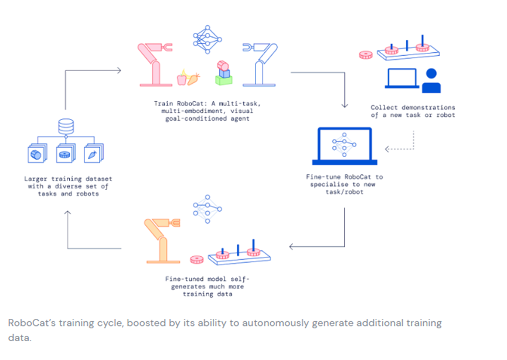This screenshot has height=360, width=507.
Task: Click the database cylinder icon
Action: [66, 126]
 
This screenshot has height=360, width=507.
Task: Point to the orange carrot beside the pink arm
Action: [193, 79]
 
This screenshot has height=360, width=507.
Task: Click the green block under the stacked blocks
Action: [224, 80]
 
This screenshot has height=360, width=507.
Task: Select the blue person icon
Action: [431, 81]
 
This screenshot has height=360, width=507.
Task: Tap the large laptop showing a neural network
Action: [345, 146]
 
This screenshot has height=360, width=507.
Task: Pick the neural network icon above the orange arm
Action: [207, 209]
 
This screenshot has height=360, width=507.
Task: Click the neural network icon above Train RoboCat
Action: [207, 39]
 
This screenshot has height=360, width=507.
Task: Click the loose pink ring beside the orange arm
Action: [196, 260]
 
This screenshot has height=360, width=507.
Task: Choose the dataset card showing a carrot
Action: [93, 153]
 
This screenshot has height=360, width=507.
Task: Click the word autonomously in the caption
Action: [275, 323]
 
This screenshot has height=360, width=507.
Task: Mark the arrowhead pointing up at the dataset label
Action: [67, 212]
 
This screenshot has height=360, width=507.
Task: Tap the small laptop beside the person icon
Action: [402, 79]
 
